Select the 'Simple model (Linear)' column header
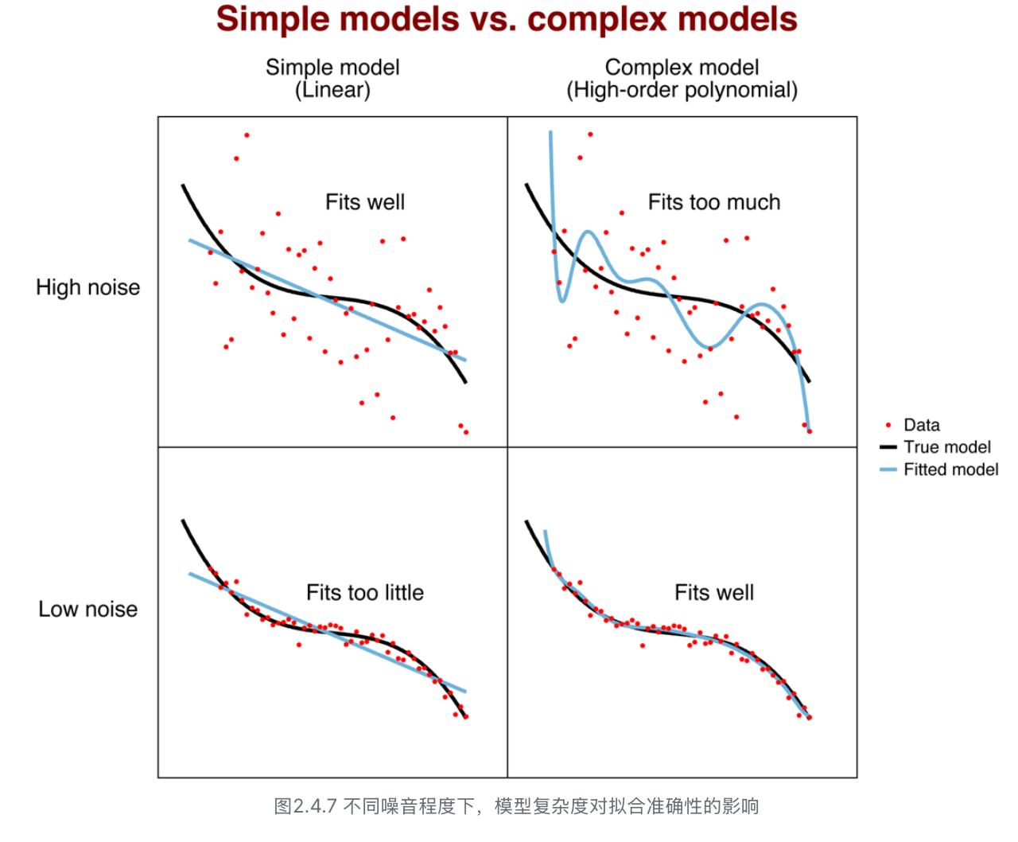pyautogui.click(x=332, y=78)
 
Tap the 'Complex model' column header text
pyautogui.click(x=682, y=68)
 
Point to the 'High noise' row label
pyautogui.click(x=87, y=287)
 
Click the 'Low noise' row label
pyautogui.click(x=87, y=610)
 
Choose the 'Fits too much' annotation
pyautogui.click(x=713, y=202)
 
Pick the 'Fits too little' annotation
pyautogui.click(x=364, y=593)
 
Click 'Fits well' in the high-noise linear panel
pyautogui.click(x=364, y=202)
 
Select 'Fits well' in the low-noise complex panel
pyautogui.click(x=713, y=593)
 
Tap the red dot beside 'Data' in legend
pyautogui.click(x=888, y=425)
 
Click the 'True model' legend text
pyautogui.click(x=946, y=447)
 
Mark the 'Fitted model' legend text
pyautogui.click(x=950, y=470)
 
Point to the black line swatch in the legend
pyautogui.click(x=888, y=447)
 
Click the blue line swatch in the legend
pyautogui.click(x=888, y=470)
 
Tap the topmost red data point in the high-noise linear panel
pyautogui.click(x=247, y=135)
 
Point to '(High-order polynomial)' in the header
pyautogui.click(x=682, y=90)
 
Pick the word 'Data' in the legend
pyautogui.click(x=921, y=425)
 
